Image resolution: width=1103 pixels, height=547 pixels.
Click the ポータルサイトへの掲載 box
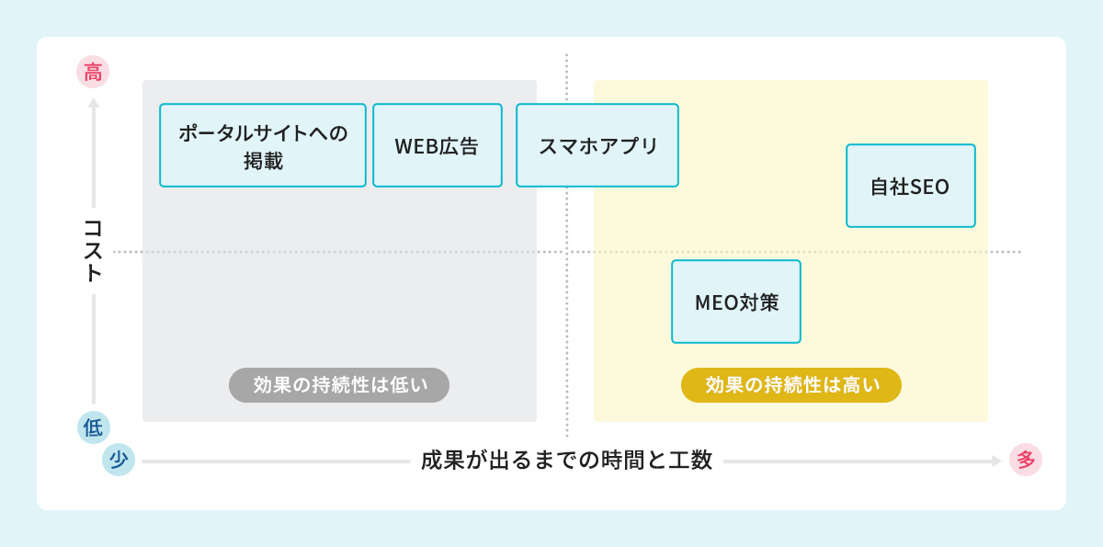[263, 145]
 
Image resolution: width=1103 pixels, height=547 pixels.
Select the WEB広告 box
[438, 145]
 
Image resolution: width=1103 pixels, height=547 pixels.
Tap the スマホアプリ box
[597, 145]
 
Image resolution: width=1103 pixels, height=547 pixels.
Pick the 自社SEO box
[910, 186]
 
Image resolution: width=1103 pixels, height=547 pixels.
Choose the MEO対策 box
[736, 302]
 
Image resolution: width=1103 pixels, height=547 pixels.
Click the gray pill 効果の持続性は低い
[339, 385]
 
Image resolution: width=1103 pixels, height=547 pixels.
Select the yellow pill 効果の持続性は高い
[791, 385]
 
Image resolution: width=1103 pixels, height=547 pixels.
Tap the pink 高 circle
[93, 73]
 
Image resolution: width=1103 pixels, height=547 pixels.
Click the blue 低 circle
[93, 427]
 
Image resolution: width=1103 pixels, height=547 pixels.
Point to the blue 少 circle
[119, 460]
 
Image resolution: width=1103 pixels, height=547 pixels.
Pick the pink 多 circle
[1026, 460]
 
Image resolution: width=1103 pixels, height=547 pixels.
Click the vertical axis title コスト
[93, 250]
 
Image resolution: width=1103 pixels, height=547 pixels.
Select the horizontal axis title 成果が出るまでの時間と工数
[567, 460]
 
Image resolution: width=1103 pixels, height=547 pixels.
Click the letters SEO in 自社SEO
[929, 186]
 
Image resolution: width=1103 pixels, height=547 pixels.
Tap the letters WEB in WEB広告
[415, 145]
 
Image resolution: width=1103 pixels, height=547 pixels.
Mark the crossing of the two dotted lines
[567, 251]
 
